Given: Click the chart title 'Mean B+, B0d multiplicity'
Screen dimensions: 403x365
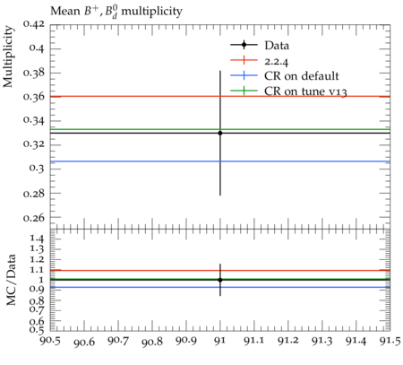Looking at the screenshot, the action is pos(116,12).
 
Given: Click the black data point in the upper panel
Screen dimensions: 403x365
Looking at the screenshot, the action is pos(220,133).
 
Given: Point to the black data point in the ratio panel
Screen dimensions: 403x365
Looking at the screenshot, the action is pos(220,280).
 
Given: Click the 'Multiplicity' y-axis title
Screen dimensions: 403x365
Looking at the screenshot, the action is pos(8,56).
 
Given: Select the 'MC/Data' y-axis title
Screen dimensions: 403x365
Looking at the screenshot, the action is pos(11,280).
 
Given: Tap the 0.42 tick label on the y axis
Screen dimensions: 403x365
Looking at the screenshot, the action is pos(34,24).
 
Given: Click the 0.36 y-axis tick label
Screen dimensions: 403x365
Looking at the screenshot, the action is pos(34,97).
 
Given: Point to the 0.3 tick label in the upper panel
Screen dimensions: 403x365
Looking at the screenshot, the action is pos(37,168).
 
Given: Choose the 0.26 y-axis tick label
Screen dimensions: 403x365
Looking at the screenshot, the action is pos(34,217).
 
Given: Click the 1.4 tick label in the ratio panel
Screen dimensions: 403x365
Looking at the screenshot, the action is pos(37,239).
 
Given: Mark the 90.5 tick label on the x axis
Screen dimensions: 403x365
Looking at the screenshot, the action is pos(50,341).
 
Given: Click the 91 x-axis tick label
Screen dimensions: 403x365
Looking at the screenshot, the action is pos(220,341).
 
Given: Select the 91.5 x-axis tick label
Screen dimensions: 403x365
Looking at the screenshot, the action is pos(390,341).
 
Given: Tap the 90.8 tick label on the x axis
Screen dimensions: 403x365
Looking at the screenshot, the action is pos(152,342).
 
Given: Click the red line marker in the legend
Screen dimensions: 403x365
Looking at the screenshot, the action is pos(244,60).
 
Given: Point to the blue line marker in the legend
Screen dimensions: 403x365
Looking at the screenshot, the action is pos(244,75).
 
